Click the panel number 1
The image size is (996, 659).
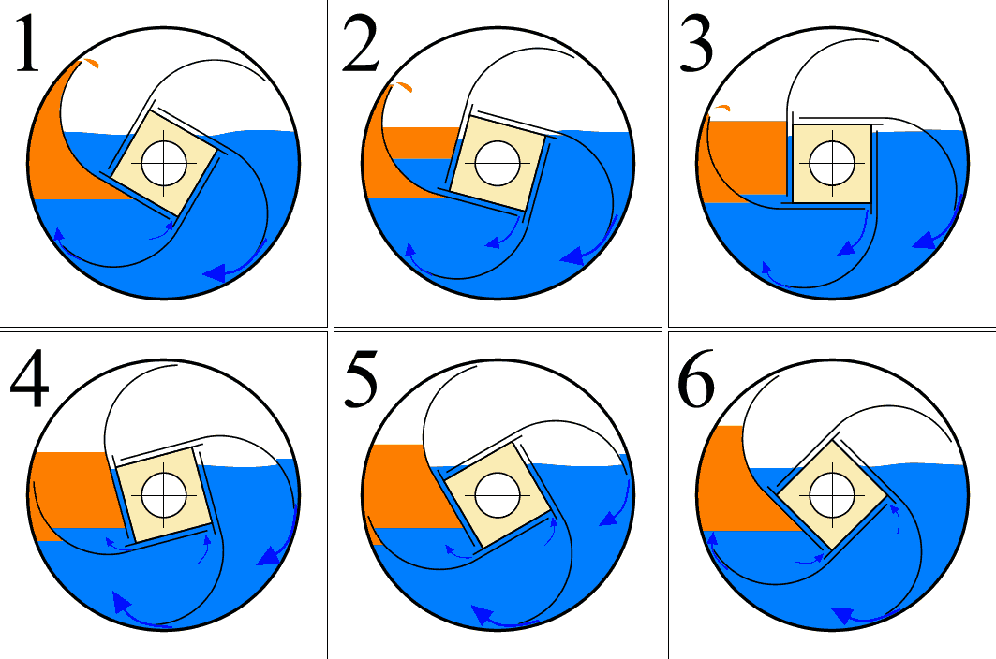click(x=26, y=44)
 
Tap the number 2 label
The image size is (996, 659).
click(x=360, y=44)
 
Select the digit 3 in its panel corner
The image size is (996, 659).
click(x=696, y=44)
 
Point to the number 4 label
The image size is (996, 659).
click(x=29, y=379)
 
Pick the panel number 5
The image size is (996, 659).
click(x=361, y=379)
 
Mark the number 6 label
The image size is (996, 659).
click(x=696, y=379)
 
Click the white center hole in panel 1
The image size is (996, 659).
click(x=164, y=163)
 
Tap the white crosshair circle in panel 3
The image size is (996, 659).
click(x=831, y=163)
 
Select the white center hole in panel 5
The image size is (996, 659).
click(x=498, y=495)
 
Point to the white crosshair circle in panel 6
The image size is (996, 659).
click(x=831, y=495)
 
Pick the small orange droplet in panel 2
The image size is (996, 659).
click(x=404, y=86)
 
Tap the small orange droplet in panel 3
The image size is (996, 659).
click(x=721, y=108)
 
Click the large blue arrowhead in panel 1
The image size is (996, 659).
click(x=215, y=273)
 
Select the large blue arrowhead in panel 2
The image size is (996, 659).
click(x=572, y=256)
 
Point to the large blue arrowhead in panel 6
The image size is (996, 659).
click(x=842, y=615)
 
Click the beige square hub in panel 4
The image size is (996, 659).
click(x=164, y=495)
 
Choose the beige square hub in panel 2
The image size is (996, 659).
click(x=498, y=163)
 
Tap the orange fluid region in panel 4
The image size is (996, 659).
click(x=71, y=491)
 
